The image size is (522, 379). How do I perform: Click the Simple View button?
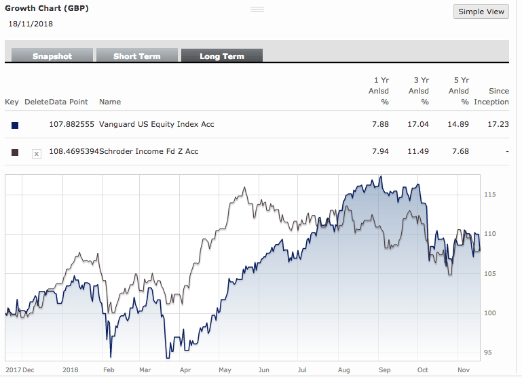point(481,12)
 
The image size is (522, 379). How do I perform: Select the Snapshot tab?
point(52,56)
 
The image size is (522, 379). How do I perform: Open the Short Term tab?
point(136,56)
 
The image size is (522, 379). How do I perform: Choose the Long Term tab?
point(221,56)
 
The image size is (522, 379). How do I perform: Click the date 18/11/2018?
point(31,24)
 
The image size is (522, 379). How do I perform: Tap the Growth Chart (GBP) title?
point(47,8)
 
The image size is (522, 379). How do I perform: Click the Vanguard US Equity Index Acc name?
point(157,124)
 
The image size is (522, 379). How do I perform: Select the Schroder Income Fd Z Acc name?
point(149,151)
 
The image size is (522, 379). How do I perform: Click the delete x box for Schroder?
point(37,154)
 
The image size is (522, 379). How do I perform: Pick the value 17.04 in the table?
point(419,124)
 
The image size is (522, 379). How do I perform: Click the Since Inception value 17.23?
point(499,124)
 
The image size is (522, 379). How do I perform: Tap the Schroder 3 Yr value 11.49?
point(419,151)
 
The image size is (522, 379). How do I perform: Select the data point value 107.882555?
point(71,124)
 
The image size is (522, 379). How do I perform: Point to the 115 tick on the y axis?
point(490,195)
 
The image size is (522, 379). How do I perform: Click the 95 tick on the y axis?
point(488,352)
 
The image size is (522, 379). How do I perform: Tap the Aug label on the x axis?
point(343,370)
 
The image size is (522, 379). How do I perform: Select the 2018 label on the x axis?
point(70,370)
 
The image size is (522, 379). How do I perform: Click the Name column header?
point(110,102)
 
